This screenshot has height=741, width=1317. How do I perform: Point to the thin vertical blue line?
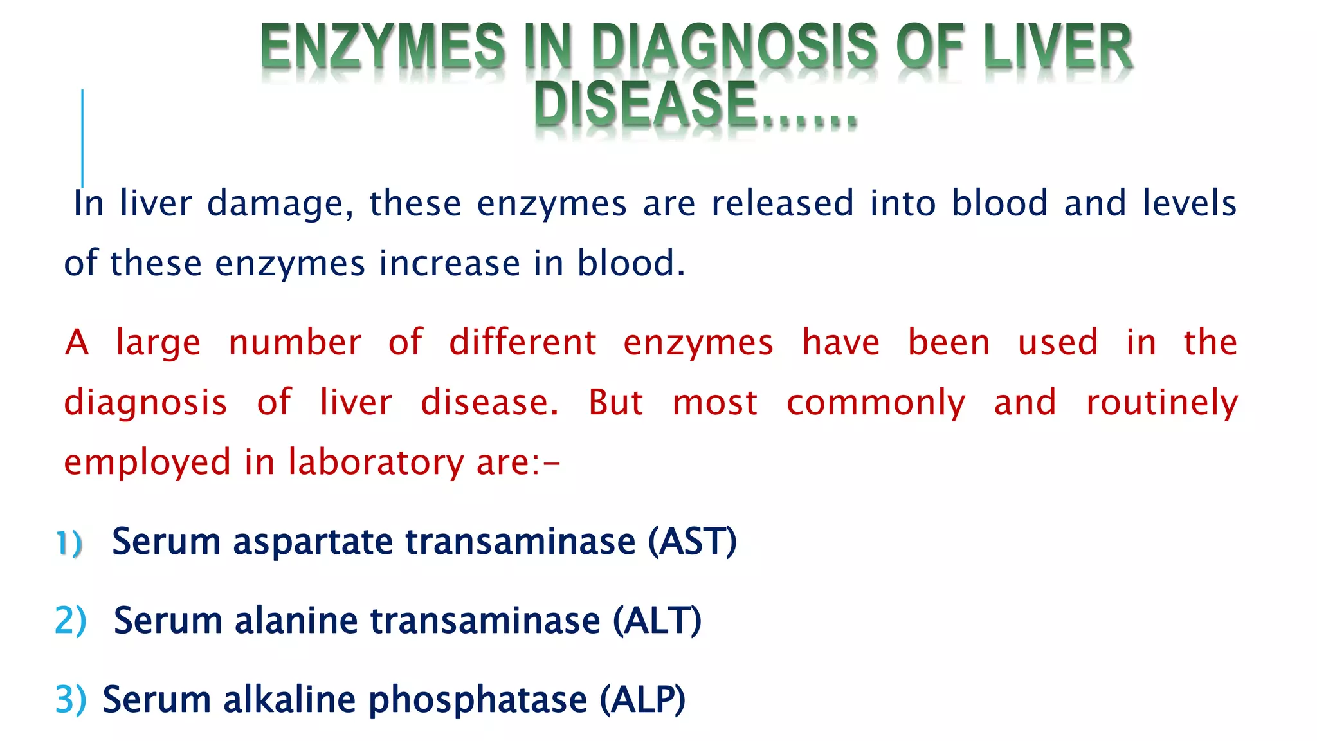82,138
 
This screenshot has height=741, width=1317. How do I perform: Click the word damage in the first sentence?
280,205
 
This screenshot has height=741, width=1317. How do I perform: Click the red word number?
295,342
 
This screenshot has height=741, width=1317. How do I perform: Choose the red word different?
523,342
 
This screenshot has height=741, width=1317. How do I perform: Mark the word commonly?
876,404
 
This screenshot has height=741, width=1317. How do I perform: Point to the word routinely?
1161,404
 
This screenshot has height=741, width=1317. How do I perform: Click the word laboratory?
374,463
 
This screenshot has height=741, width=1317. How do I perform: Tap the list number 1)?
69,543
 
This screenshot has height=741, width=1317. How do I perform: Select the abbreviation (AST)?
692,542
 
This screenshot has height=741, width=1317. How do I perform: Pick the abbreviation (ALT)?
657,621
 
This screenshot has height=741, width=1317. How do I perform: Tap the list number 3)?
70,700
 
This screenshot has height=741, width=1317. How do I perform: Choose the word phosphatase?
477,700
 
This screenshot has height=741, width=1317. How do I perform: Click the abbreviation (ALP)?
642,700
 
